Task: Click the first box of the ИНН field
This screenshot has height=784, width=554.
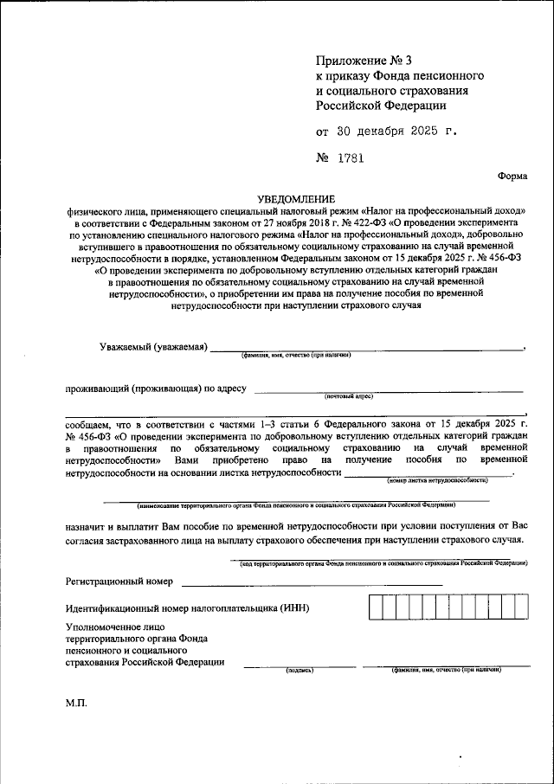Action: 375,607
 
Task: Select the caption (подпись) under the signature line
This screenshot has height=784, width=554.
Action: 299,671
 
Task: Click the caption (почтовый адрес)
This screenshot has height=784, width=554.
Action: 349,395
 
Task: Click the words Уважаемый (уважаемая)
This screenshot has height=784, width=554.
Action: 153,347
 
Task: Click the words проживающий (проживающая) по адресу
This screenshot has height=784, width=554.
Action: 157,389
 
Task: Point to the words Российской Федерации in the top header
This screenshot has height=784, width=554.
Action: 381,106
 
